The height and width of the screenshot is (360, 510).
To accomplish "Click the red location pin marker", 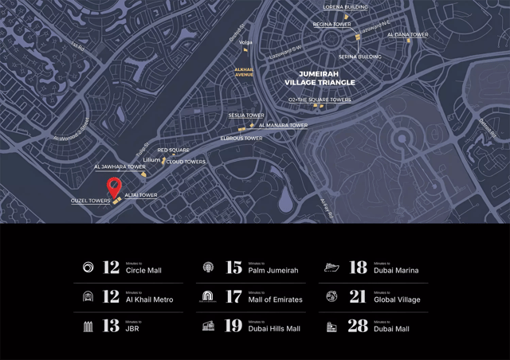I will click(115, 188).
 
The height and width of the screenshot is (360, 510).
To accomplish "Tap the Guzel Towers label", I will click(90, 201).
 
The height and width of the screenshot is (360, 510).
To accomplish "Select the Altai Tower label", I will click(140, 195).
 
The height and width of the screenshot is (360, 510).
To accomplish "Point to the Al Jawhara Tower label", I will click(120, 166).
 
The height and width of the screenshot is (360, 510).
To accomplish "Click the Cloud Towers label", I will click(186, 162).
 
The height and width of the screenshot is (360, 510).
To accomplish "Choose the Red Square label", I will click(173, 150).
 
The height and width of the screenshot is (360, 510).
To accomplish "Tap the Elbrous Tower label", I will click(241, 139).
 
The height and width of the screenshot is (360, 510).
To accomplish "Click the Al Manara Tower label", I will click(283, 125).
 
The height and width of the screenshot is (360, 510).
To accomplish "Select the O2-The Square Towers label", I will click(320, 100).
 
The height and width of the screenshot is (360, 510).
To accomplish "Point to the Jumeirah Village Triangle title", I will click(320, 77).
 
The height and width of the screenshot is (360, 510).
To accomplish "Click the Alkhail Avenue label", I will click(243, 72).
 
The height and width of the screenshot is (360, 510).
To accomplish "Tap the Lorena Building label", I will click(345, 6).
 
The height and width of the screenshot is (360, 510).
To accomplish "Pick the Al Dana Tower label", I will click(407, 35).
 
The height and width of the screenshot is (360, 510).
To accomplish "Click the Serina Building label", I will click(359, 57).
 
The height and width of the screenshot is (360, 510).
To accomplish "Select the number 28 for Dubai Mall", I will click(358, 326).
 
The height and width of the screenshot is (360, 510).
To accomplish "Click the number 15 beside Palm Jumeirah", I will click(233, 268).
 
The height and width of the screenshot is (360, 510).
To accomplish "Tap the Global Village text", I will click(396, 299).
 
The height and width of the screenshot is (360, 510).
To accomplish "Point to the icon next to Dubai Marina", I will click(332, 268).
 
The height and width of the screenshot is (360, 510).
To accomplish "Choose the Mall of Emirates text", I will click(275, 299).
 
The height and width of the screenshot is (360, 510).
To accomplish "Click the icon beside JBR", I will click(88, 327).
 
